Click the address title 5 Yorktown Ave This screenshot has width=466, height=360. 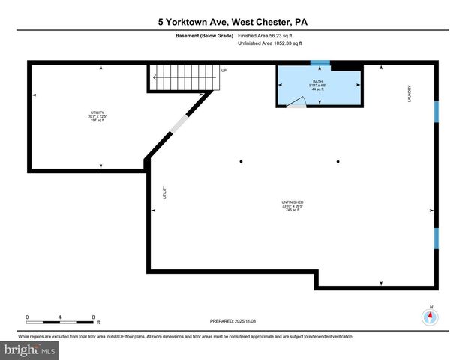pyautogui.click(x=233, y=22)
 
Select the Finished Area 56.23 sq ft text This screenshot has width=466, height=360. pyautogui.click(x=269, y=36)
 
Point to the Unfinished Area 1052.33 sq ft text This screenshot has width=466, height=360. pyautogui.click(x=270, y=43)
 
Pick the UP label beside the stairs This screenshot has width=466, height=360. pyautogui.click(x=224, y=70)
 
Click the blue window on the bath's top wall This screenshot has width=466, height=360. pyautogui.click(x=320, y=64)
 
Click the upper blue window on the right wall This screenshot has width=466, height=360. pyautogui.click(x=436, y=111)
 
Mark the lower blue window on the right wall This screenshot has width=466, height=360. pyautogui.click(x=436, y=239)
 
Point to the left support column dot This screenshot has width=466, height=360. pyautogui.click(x=241, y=161)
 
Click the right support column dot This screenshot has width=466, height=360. pyautogui.click(x=338, y=161)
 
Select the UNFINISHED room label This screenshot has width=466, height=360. pyautogui.click(x=292, y=206)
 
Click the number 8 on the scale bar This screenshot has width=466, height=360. pyautogui.click(x=93, y=317)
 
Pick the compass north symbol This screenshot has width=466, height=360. pyautogui.click(x=431, y=316)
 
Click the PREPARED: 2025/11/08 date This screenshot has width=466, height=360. pyautogui.click(x=233, y=321)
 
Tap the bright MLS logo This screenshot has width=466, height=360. pyautogui.click(x=30, y=349)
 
